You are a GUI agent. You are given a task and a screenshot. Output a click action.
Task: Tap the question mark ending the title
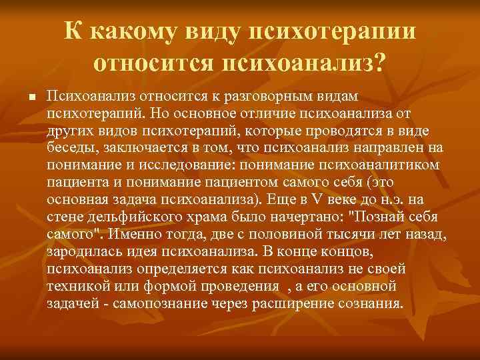[x=379, y=63]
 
